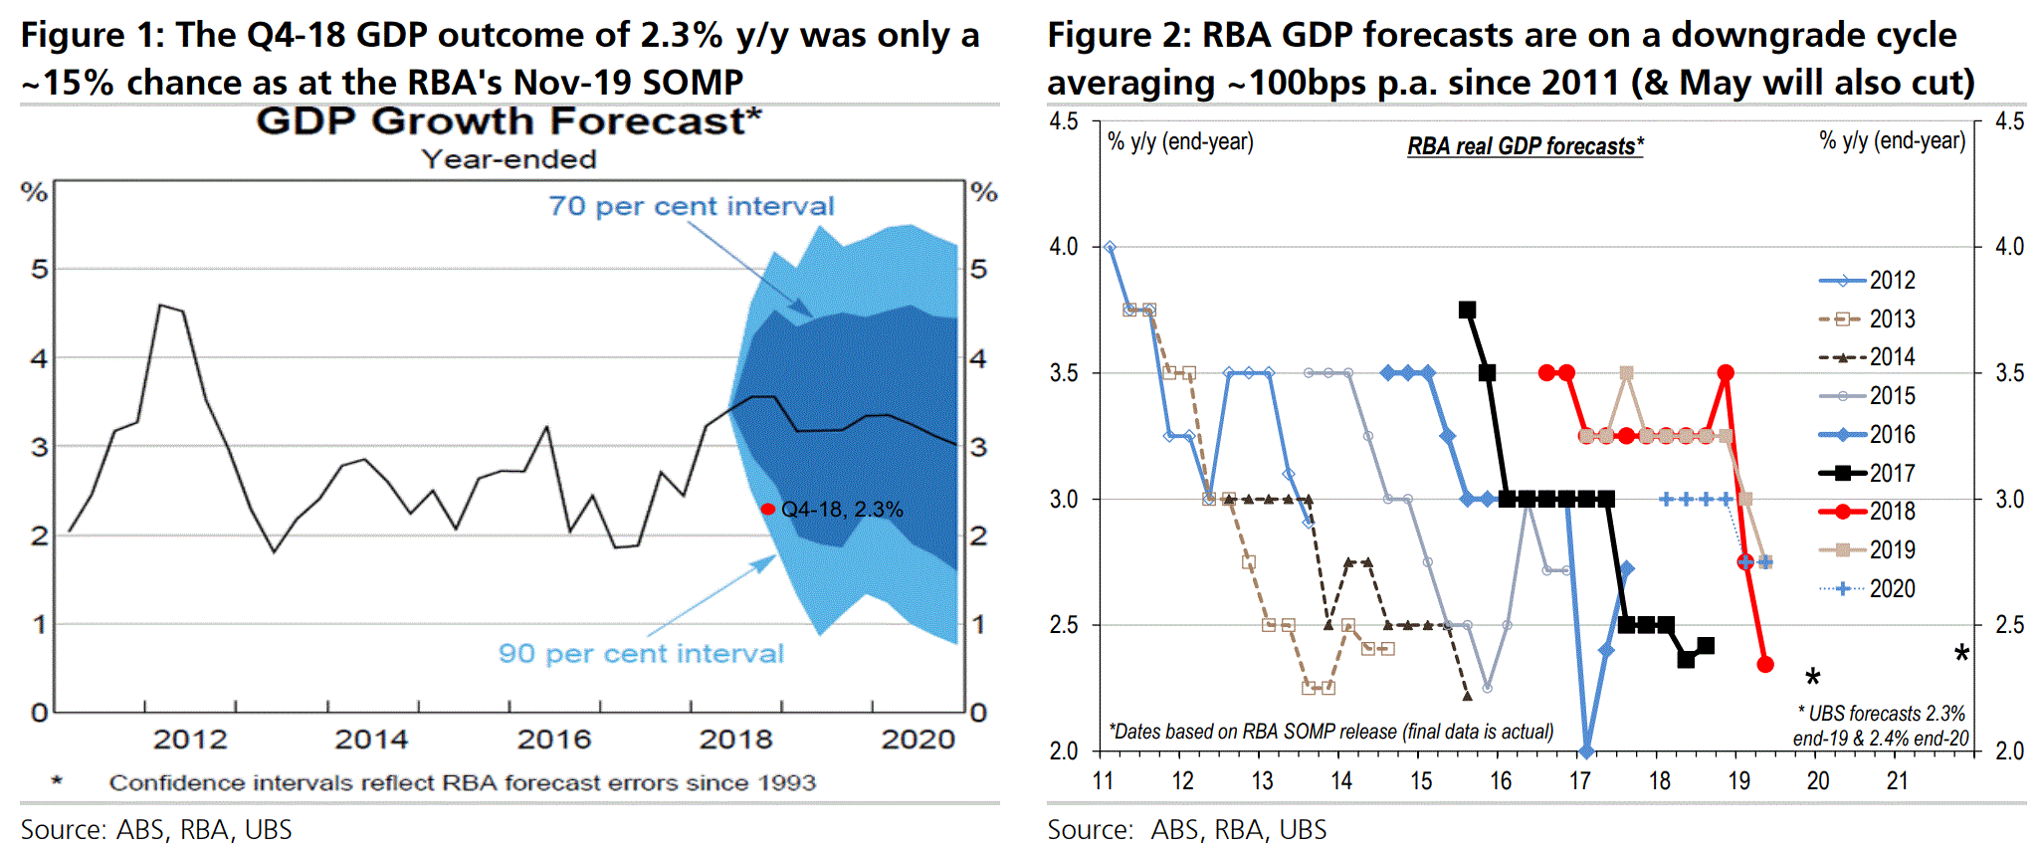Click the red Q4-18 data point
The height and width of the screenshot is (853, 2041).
tap(767, 510)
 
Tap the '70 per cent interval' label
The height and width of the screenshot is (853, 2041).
tap(691, 206)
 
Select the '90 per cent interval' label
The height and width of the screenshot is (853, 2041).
tap(641, 654)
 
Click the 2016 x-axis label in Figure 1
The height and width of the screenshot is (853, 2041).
tap(554, 740)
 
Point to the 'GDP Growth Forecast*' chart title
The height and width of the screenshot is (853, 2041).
tap(509, 121)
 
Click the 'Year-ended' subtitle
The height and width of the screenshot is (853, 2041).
tap(509, 159)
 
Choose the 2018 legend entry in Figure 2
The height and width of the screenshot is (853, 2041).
tap(1867, 512)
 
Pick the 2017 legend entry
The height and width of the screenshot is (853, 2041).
tap(1867, 473)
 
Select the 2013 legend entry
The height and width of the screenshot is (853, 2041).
tap(1867, 320)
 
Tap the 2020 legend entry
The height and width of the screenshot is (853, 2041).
tap(1867, 589)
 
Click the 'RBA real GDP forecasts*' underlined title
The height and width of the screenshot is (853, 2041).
tap(1525, 146)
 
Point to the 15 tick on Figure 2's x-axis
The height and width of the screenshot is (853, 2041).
tap(1421, 781)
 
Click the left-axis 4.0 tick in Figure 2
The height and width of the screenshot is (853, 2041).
tap(1064, 247)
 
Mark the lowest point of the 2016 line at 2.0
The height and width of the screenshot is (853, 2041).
tap(1586, 750)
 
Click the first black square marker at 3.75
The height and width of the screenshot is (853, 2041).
tap(1467, 310)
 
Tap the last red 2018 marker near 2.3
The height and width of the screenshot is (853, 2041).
tap(1765, 664)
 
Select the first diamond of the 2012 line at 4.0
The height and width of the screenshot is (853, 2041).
tap(1110, 247)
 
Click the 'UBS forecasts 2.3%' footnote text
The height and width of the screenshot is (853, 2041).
tap(1881, 714)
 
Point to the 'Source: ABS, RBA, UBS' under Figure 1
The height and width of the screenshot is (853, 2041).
tap(156, 830)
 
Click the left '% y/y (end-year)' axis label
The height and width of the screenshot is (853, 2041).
tap(1180, 141)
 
